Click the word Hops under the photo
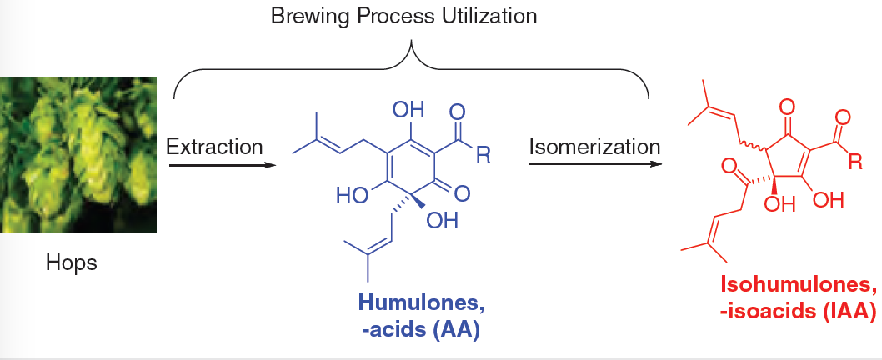click(x=72, y=264)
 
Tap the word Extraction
click(x=214, y=147)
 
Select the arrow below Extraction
click(x=221, y=165)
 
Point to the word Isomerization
click(x=594, y=147)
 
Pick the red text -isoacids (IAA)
click(x=798, y=312)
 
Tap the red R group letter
click(x=855, y=162)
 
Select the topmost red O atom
click(x=785, y=107)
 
